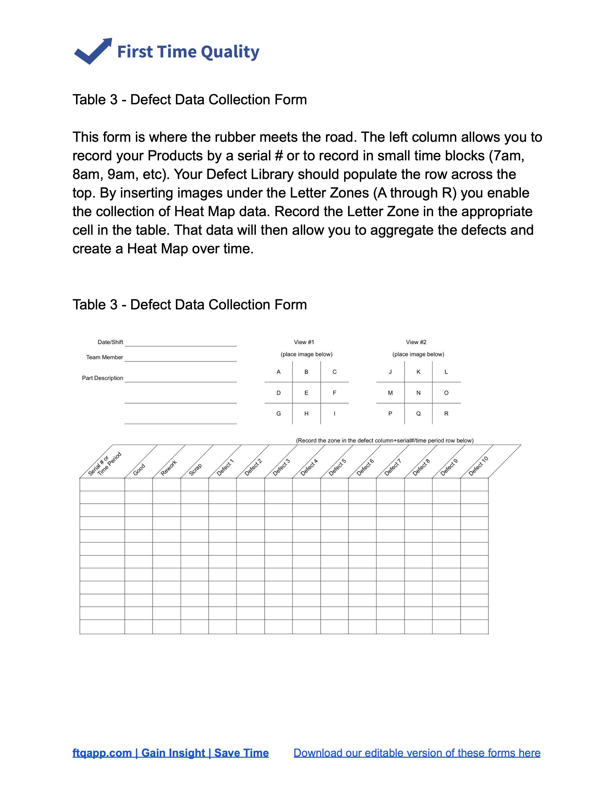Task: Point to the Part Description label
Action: pyautogui.click(x=102, y=378)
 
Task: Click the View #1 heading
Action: pyautogui.click(x=304, y=342)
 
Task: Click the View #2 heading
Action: pyautogui.click(x=416, y=342)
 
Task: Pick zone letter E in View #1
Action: pyautogui.click(x=306, y=393)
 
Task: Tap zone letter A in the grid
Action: pyautogui.click(x=279, y=372)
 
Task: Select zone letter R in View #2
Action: pyautogui.click(x=446, y=414)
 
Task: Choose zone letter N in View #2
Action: pyautogui.click(x=418, y=393)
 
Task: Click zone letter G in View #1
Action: pyautogui.click(x=279, y=414)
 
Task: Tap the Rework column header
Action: pyautogui.click(x=169, y=468)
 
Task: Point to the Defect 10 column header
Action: pyautogui.click(x=478, y=466)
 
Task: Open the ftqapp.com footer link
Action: pyautogui.click(x=170, y=753)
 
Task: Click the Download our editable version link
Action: pyautogui.click(x=417, y=753)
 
